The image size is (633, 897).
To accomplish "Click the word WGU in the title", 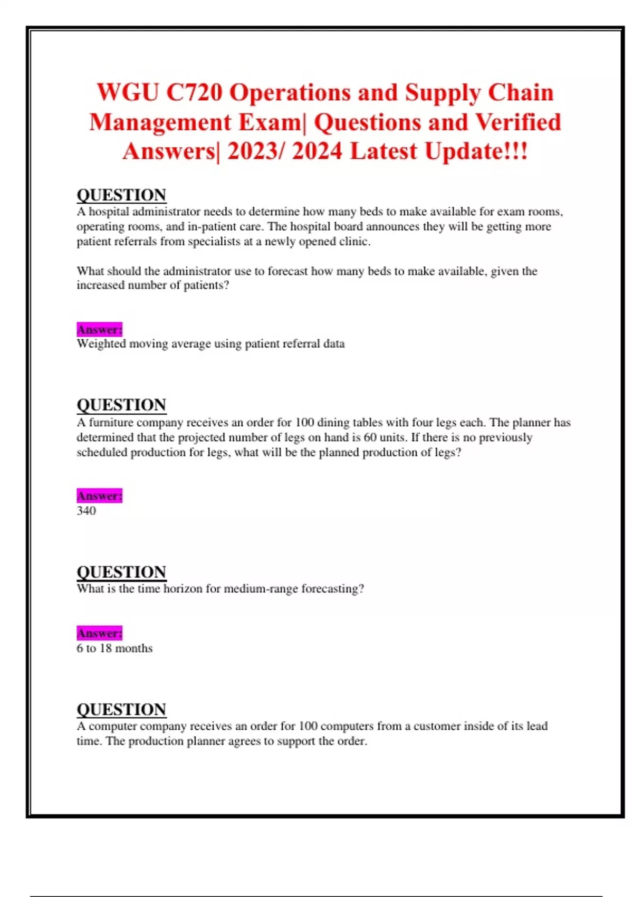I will [x=128, y=93].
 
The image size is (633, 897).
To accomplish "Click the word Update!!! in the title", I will [x=476, y=151].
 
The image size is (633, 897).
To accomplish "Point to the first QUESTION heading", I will [x=121, y=195].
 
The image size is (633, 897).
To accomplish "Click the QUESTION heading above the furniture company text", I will [x=121, y=405].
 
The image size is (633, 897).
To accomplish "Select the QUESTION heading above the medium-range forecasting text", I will [x=121, y=572].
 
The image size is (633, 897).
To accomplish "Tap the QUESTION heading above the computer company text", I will [x=121, y=709].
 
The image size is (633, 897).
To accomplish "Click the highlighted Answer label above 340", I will [x=99, y=495].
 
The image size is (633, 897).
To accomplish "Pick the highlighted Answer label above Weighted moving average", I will [x=99, y=329].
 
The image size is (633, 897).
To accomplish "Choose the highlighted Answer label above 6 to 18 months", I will [x=99, y=633].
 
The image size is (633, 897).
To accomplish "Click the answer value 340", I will [x=86, y=511].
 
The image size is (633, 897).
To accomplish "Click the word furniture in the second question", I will [x=113, y=423].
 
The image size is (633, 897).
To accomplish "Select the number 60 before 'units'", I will [x=370, y=437].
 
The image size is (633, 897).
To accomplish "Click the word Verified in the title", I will [x=518, y=122].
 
